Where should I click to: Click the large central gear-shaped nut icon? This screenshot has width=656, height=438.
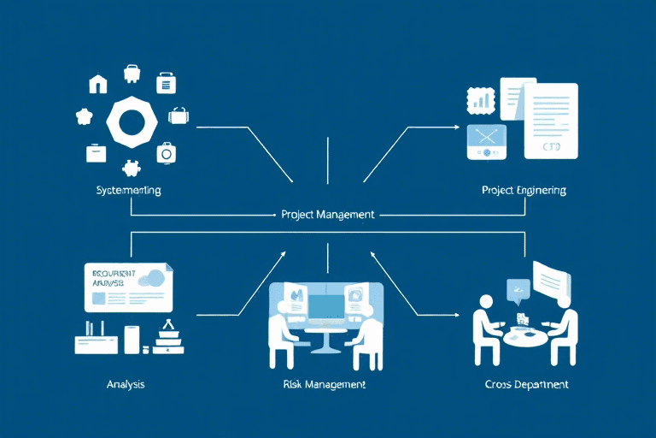132,121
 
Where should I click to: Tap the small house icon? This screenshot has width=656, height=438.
98,84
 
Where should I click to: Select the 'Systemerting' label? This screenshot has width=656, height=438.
129,189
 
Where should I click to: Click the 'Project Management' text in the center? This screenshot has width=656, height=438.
327,215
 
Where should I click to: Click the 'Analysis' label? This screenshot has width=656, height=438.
126,384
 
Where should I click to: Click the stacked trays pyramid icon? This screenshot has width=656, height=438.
168,339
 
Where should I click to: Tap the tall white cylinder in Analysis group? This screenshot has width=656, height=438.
131,339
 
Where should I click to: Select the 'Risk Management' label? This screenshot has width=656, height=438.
324,384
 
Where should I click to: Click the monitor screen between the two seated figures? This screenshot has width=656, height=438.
327,305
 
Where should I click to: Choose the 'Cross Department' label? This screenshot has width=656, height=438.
525,384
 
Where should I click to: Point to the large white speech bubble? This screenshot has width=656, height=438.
551,279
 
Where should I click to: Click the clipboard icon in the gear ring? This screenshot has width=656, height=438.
166,83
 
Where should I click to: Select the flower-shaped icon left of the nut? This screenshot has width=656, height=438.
84,116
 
